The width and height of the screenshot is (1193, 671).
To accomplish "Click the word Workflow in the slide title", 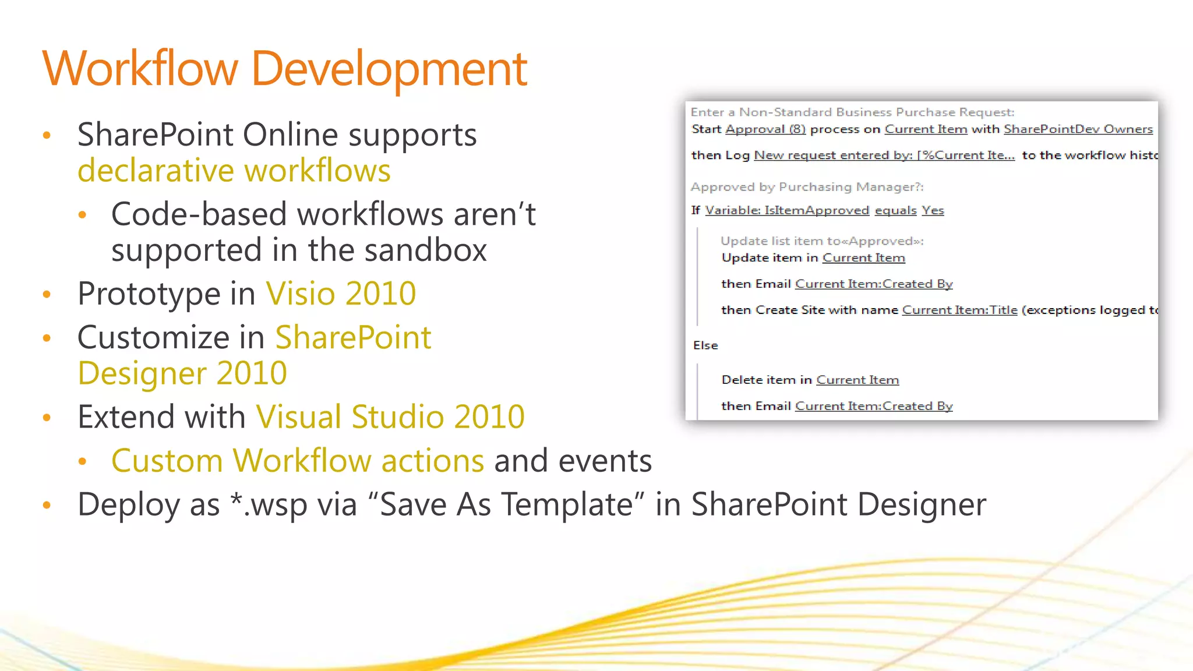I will (x=140, y=69).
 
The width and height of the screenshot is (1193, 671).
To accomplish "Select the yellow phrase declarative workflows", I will (x=234, y=171).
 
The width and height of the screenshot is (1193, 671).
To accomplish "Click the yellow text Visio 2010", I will (x=341, y=293).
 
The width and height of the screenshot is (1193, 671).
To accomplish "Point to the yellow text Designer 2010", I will (x=182, y=373).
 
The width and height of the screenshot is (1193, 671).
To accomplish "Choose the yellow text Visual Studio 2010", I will (x=390, y=416).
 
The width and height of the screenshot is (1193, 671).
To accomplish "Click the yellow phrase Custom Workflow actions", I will (x=297, y=461).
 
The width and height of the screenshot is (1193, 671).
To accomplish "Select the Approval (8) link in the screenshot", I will (x=765, y=129).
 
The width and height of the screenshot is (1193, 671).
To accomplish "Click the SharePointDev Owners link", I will (x=1078, y=129).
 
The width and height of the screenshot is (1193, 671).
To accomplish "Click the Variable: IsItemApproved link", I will (x=787, y=210).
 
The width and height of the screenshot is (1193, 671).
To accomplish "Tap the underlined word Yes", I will (x=933, y=210).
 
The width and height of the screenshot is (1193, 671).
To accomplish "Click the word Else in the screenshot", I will (x=705, y=345).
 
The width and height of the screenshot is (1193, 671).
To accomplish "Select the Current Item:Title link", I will (x=959, y=310).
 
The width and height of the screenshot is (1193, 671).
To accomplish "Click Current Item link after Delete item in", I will (x=857, y=380).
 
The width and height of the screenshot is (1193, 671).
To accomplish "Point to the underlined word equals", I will (x=895, y=210).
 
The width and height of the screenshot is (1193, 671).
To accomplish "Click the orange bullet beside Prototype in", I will (x=47, y=294).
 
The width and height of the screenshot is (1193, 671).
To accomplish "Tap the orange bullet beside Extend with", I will (x=47, y=417).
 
